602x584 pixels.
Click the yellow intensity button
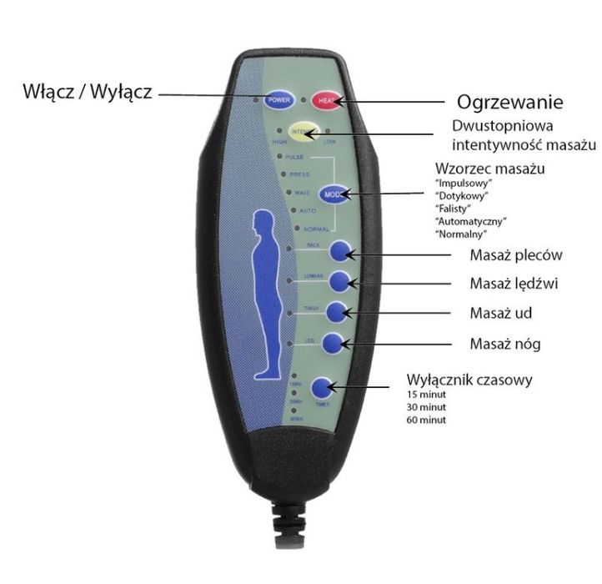303,132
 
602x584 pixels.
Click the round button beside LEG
333,342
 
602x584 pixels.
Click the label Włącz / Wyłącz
87,92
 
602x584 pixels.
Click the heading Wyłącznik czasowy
469,380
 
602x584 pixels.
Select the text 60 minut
426,420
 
